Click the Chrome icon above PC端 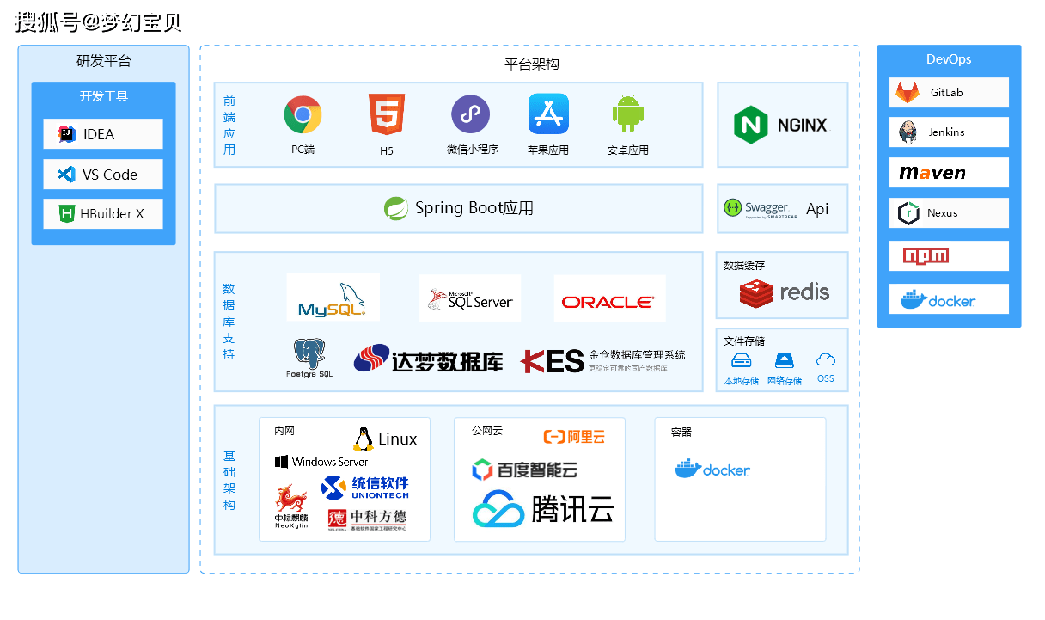(x=302, y=115)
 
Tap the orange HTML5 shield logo (x=387, y=115)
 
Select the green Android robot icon (x=628, y=114)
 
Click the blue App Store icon (x=548, y=114)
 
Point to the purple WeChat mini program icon (x=471, y=114)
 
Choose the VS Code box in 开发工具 (x=103, y=175)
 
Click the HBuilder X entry (x=103, y=214)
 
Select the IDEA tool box (x=103, y=134)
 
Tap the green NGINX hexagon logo (x=750, y=125)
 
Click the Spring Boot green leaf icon (x=396, y=208)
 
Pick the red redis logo (x=756, y=293)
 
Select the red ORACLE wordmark (x=608, y=302)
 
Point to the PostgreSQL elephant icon (x=309, y=353)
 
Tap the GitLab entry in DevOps (x=949, y=93)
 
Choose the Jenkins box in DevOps (x=949, y=132)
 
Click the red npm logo (x=926, y=255)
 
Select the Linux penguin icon (x=364, y=439)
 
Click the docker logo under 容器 (x=712, y=469)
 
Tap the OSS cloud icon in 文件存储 (x=826, y=359)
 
